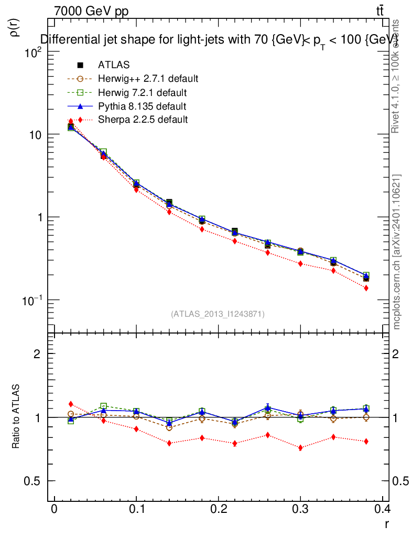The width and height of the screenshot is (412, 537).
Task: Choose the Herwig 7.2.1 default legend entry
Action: [x=142, y=92]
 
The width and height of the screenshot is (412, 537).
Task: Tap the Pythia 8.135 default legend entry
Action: [x=142, y=106]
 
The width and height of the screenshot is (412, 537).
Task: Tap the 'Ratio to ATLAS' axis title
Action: [x=16, y=417]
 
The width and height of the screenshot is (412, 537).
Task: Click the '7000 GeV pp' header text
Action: [x=91, y=11]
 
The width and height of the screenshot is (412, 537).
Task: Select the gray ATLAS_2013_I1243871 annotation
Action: [x=218, y=314]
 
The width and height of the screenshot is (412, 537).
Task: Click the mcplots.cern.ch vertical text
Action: [x=397, y=252]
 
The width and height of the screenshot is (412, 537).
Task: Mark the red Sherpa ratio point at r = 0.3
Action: [x=300, y=448]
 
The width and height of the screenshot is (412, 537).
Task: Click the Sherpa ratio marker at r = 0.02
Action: [x=71, y=404]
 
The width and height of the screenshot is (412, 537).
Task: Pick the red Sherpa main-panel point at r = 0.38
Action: [x=366, y=288]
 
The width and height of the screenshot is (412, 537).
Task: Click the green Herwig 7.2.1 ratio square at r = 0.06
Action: [x=103, y=406]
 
